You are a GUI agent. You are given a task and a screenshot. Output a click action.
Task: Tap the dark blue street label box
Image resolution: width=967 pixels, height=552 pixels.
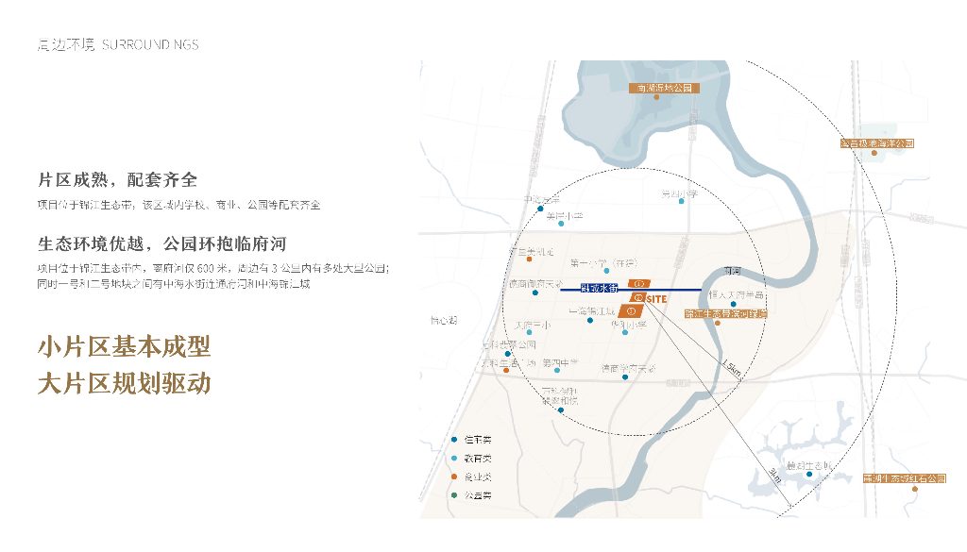pyautogui.click(x=598, y=287)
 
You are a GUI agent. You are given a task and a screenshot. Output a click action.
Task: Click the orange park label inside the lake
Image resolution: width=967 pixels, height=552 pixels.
pyautogui.click(x=661, y=88)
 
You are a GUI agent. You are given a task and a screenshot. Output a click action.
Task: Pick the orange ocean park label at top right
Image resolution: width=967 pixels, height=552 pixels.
pyautogui.click(x=877, y=143)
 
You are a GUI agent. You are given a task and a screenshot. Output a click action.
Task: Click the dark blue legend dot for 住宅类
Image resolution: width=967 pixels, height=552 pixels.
pyautogui.click(x=455, y=440)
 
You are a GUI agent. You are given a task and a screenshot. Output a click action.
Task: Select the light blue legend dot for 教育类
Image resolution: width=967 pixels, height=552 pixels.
pyautogui.click(x=455, y=459)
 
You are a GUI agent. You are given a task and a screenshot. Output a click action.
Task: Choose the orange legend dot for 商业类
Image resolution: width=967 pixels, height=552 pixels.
pyautogui.click(x=455, y=477)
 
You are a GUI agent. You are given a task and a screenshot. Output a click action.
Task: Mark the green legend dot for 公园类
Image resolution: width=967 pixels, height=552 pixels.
pyautogui.click(x=455, y=495)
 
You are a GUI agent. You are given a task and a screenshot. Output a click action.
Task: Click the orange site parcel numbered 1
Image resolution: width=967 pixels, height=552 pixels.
pyautogui.click(x=639, y=283)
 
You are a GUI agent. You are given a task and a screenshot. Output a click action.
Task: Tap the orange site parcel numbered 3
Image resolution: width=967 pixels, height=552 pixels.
pyautogui.click(x=630, y=310)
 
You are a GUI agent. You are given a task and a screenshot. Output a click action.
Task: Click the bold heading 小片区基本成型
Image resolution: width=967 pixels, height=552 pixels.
pyautogui.click(x=124, y=347)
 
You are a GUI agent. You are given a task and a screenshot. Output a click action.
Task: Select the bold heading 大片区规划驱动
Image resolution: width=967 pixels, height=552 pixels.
pyautogui.click(x=124, y=383)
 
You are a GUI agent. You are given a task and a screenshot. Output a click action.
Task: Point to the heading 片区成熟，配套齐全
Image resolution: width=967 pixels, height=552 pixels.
pyautogui.click(x=117, y=179)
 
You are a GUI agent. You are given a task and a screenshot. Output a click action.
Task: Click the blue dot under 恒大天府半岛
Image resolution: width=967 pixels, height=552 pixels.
pyautogui.click(x=733, y=303)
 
